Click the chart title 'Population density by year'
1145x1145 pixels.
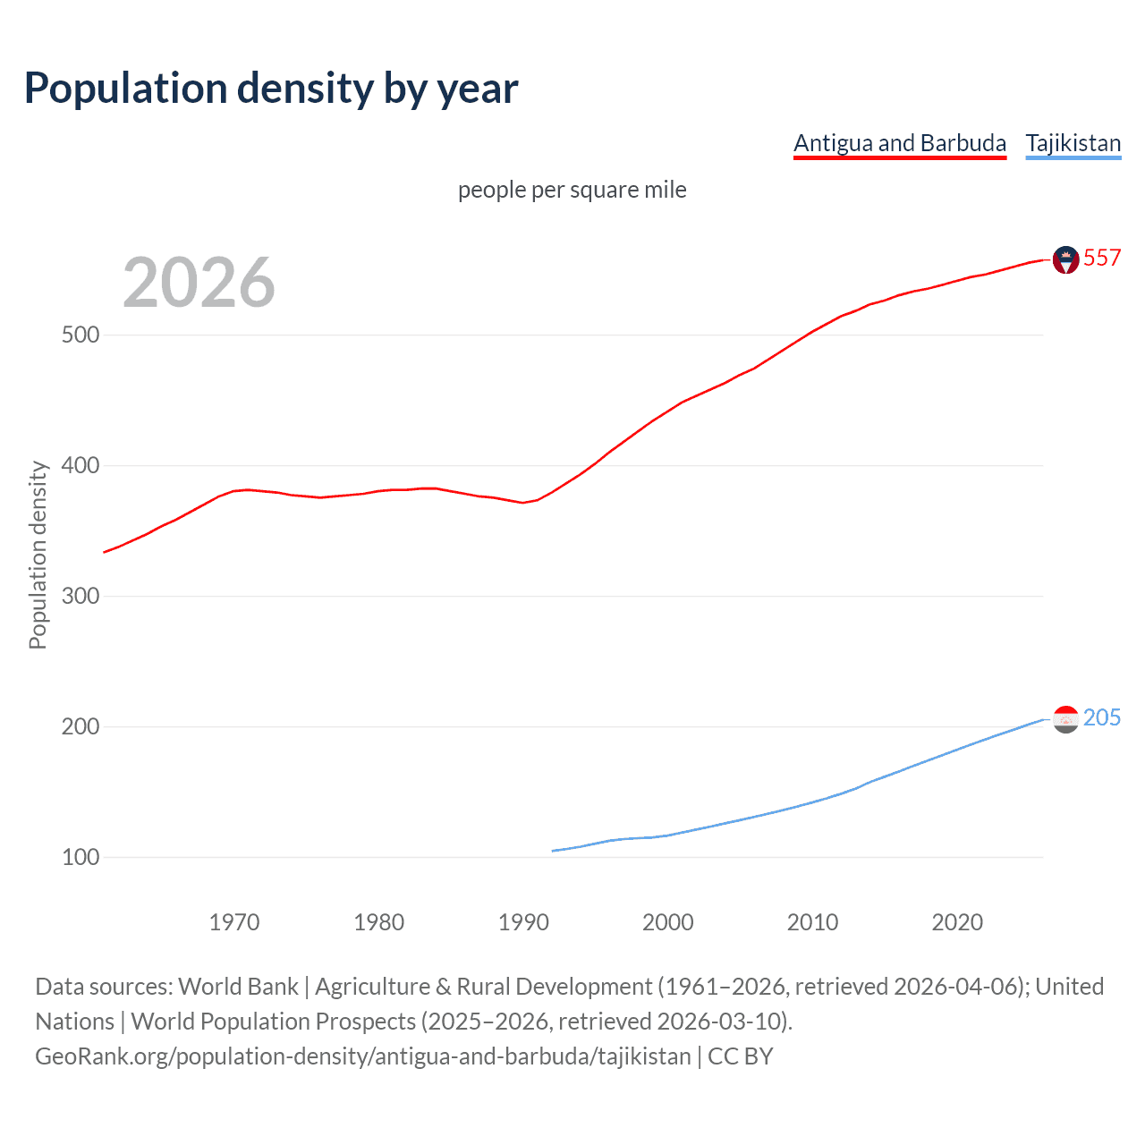tap(271, 89)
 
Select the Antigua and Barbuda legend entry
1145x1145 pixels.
tap(900, 143)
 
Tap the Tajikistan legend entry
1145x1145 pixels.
tap(1073, 143)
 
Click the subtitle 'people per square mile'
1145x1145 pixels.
tap(572, 190)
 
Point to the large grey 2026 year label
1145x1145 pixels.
tap(199, 283)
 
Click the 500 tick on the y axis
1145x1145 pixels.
tap(80, 335)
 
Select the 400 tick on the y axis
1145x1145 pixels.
tap(80, 466)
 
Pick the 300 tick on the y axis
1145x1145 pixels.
tap(80, 597)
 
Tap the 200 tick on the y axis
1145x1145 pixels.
tap(80, 727)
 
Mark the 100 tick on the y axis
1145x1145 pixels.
tap(80, 858)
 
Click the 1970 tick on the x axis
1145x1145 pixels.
tap(234, 922)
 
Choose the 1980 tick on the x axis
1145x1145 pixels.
tap(378, 922)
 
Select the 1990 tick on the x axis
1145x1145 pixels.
tap(523, 922)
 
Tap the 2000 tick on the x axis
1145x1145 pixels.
tap(668, 922)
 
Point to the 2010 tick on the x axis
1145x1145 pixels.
tap(812, 922)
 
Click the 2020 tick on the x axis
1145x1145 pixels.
tap(957, 922)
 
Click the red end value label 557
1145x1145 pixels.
tap(1102, 259)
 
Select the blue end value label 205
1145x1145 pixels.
tap(1102, 718)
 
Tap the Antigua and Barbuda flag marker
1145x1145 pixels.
tap(1065, 259)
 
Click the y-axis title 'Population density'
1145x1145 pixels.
tap(38, 555)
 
